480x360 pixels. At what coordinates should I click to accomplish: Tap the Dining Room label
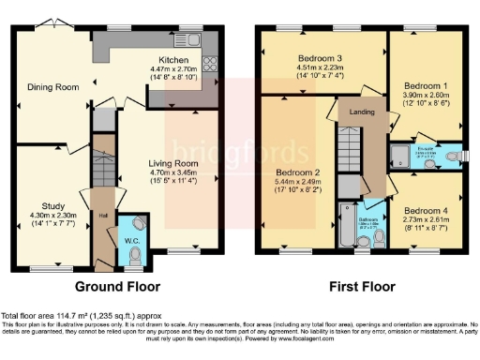click(48, 87)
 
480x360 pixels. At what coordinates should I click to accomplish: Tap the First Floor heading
click(357, 286)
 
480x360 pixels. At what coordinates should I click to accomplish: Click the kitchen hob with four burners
click(208, 66)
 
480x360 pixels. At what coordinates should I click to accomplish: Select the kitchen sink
click(194, 39)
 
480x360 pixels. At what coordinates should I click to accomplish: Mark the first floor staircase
click(349, 146)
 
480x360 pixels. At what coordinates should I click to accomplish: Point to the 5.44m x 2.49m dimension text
click(298, 184)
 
